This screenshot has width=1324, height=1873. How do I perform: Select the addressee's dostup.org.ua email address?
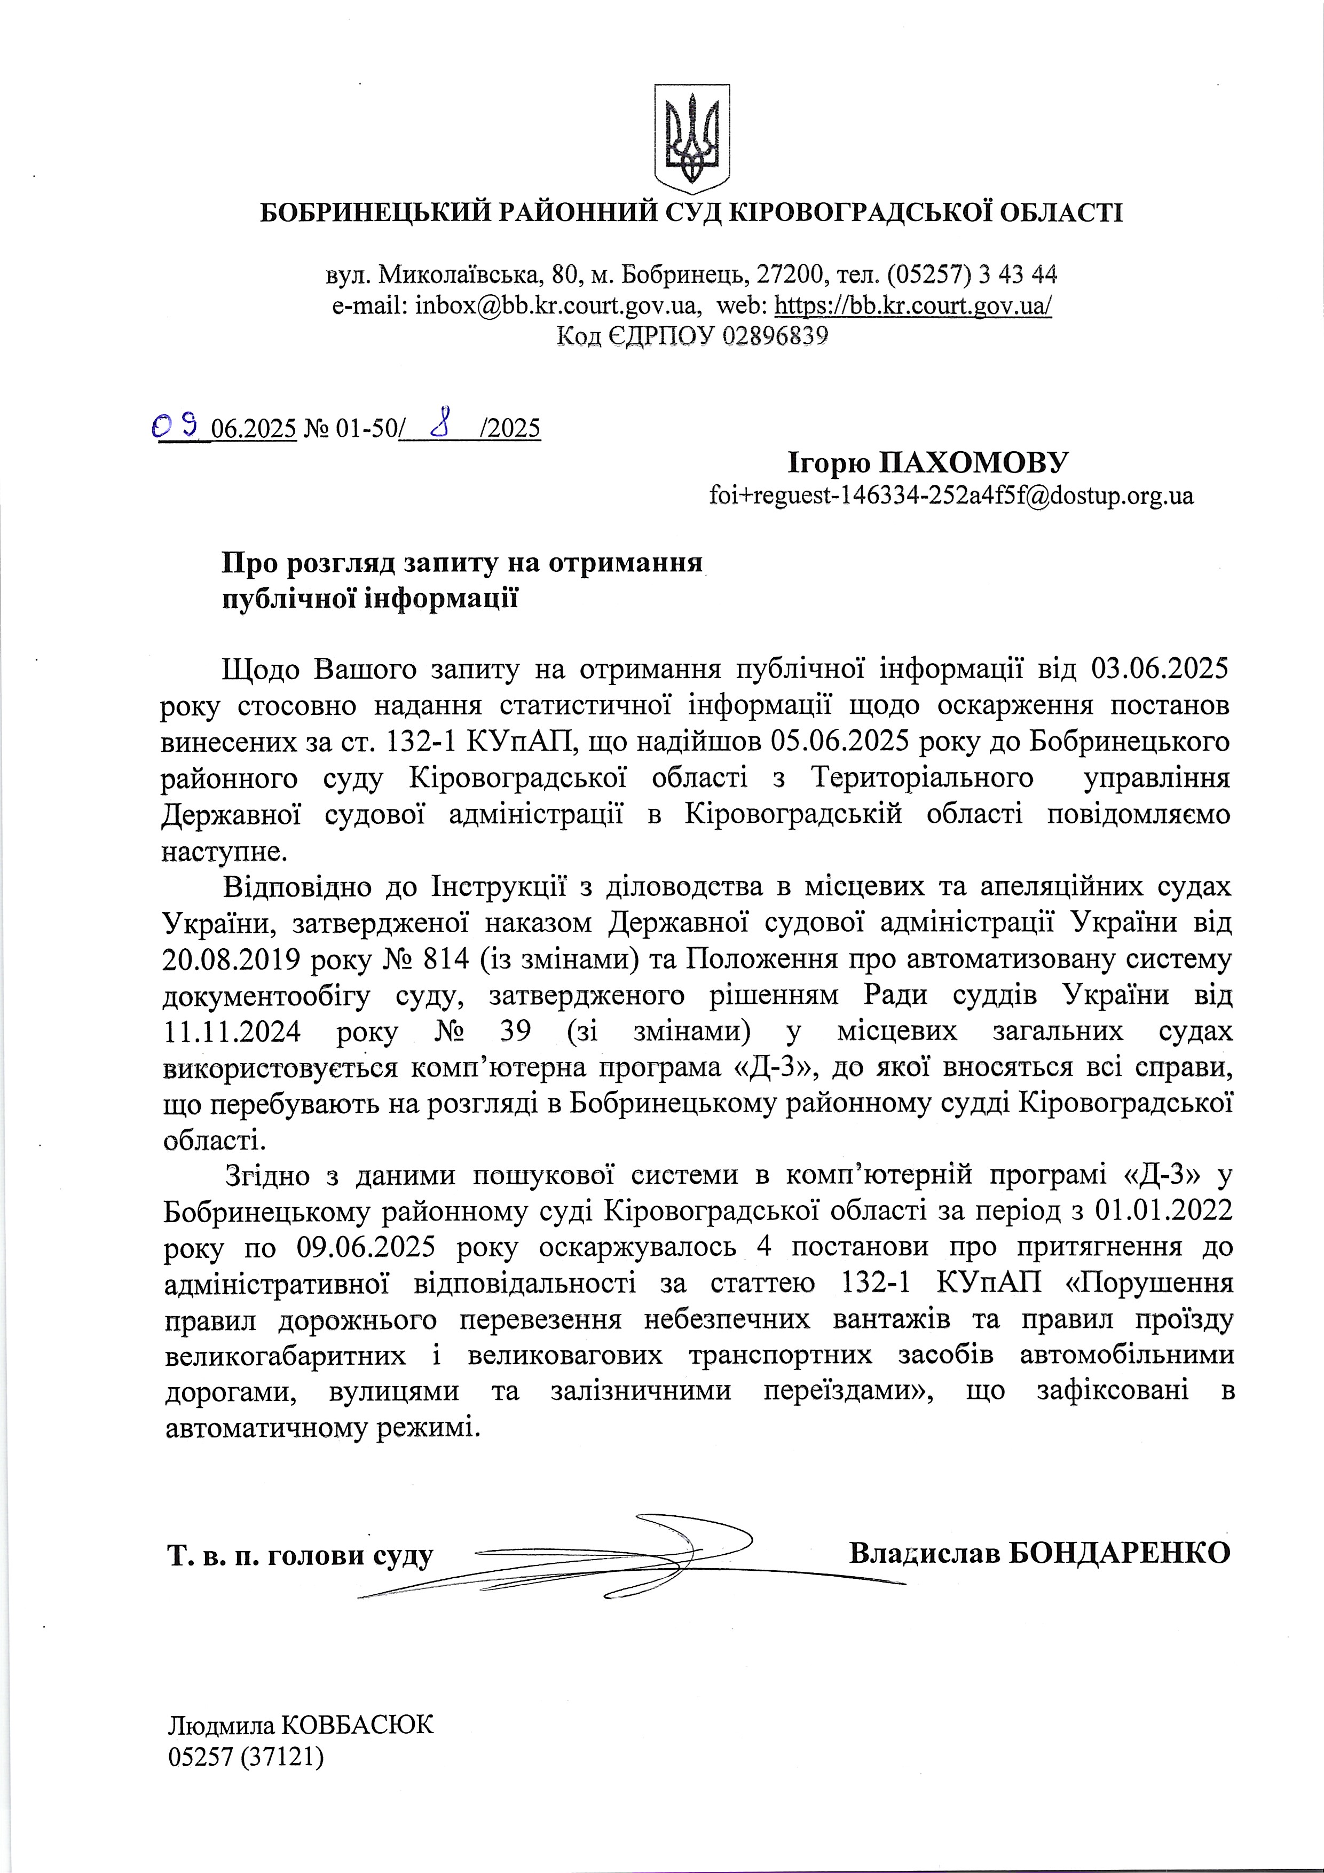(x=951, y=495)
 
